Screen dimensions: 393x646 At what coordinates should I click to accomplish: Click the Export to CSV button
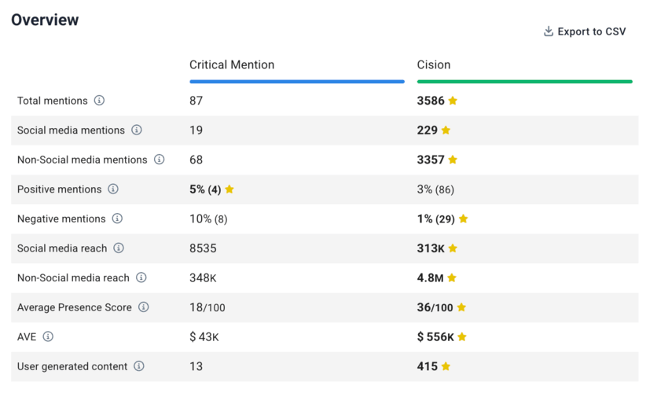[585, 31]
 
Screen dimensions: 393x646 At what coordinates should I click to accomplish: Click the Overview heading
[45, 20]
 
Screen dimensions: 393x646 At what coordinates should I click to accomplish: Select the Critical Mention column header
[232, 64]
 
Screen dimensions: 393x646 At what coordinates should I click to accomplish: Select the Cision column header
[434, 64]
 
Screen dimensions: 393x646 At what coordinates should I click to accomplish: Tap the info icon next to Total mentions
[99, 101]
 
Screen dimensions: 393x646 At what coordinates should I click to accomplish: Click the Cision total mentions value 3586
[431, 101]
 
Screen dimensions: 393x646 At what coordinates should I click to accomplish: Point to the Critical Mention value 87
[196, 101]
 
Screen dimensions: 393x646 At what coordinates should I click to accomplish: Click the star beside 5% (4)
[229, 189]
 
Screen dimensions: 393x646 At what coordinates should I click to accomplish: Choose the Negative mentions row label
[61, 219]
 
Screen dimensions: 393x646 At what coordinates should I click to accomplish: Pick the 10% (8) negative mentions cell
[208, 219]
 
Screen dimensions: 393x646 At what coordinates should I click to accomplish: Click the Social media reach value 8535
[203, 248]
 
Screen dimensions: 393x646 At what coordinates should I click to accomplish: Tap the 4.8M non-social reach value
[431, 277]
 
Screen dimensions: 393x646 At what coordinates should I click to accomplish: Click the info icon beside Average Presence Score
[143, 307]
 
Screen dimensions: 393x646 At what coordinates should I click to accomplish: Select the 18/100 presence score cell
[207, 307]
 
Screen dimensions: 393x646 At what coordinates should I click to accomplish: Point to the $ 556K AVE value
[435, 337]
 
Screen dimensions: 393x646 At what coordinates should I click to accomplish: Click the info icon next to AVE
[48, 337]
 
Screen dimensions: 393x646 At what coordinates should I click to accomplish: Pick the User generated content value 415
[427, 366]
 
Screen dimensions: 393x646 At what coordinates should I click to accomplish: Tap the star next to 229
[446, 130]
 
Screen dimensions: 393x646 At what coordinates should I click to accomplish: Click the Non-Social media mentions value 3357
[431, 160]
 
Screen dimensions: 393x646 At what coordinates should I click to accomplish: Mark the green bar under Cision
[524, 81]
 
